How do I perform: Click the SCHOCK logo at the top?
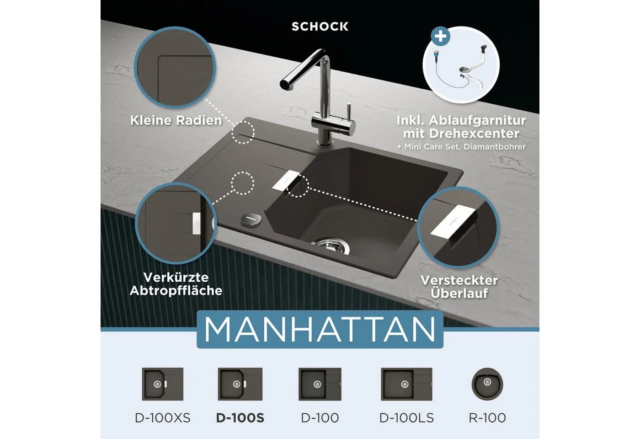tap(320, 27)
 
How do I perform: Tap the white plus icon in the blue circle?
tap(440, 36)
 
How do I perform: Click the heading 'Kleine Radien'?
tap(176, 120)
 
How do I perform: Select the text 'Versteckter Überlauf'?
tap(459, 287)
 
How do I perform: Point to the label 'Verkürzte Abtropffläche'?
tap(176, 284)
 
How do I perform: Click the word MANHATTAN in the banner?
tap(320, 329)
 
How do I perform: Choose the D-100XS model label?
tap(163, 418)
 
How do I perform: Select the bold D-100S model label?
tap(240, 418)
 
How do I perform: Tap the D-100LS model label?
tap(406, 418)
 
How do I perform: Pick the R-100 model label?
tap(487, 418)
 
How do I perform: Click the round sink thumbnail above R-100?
tap(487, 384)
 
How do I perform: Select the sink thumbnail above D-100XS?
tap(163, 384)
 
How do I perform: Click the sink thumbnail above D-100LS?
tap(406, 384)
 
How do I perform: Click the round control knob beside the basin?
tap(251, 219)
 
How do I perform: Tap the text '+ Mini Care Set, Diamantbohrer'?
tap(461, 147)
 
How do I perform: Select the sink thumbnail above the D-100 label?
tap(320, 384)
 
